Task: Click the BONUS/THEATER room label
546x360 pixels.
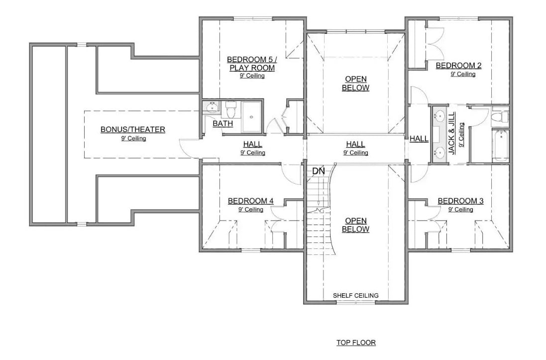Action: (133, 129)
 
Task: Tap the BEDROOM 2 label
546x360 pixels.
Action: (458, 65)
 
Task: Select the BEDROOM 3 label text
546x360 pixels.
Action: (460, 201)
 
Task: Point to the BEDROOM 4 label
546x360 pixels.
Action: (250, 201)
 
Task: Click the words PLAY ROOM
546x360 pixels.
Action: (252, 68)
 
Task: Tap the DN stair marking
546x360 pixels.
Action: (319, 171)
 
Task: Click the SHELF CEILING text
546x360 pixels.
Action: (355, 295)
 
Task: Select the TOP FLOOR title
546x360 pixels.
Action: (356, 343)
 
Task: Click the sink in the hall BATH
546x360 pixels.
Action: (213, 107)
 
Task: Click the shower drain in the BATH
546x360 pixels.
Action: (251, 118)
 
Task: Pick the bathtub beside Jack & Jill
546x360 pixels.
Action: (500, 145)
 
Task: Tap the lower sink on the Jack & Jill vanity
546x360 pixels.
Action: (439, 152)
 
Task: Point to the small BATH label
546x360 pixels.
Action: (222, 123)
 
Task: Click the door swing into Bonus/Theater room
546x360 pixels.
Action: (188, 148)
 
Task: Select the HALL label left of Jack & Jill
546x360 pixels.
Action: (419, 139)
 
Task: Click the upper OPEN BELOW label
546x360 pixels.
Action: (355, 84)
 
